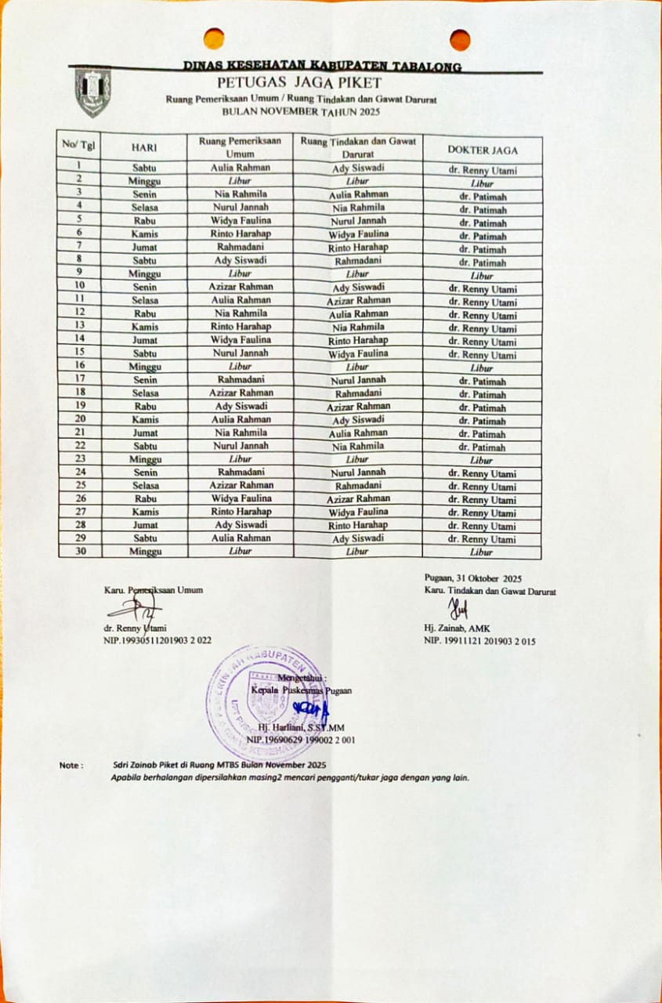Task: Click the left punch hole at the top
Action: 213,38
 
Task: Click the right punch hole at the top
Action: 460,39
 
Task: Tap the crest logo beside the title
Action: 92,92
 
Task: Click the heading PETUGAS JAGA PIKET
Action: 300,83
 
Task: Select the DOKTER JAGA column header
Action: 482,150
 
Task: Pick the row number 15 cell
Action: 80,353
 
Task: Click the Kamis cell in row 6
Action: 145,234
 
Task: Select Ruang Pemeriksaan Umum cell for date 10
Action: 241,286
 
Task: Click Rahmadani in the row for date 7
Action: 241,246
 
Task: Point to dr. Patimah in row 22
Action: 482,447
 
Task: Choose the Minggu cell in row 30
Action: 145,552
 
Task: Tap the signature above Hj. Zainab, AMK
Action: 457,608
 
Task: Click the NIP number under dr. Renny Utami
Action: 157,640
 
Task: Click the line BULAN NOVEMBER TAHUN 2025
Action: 300,113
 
